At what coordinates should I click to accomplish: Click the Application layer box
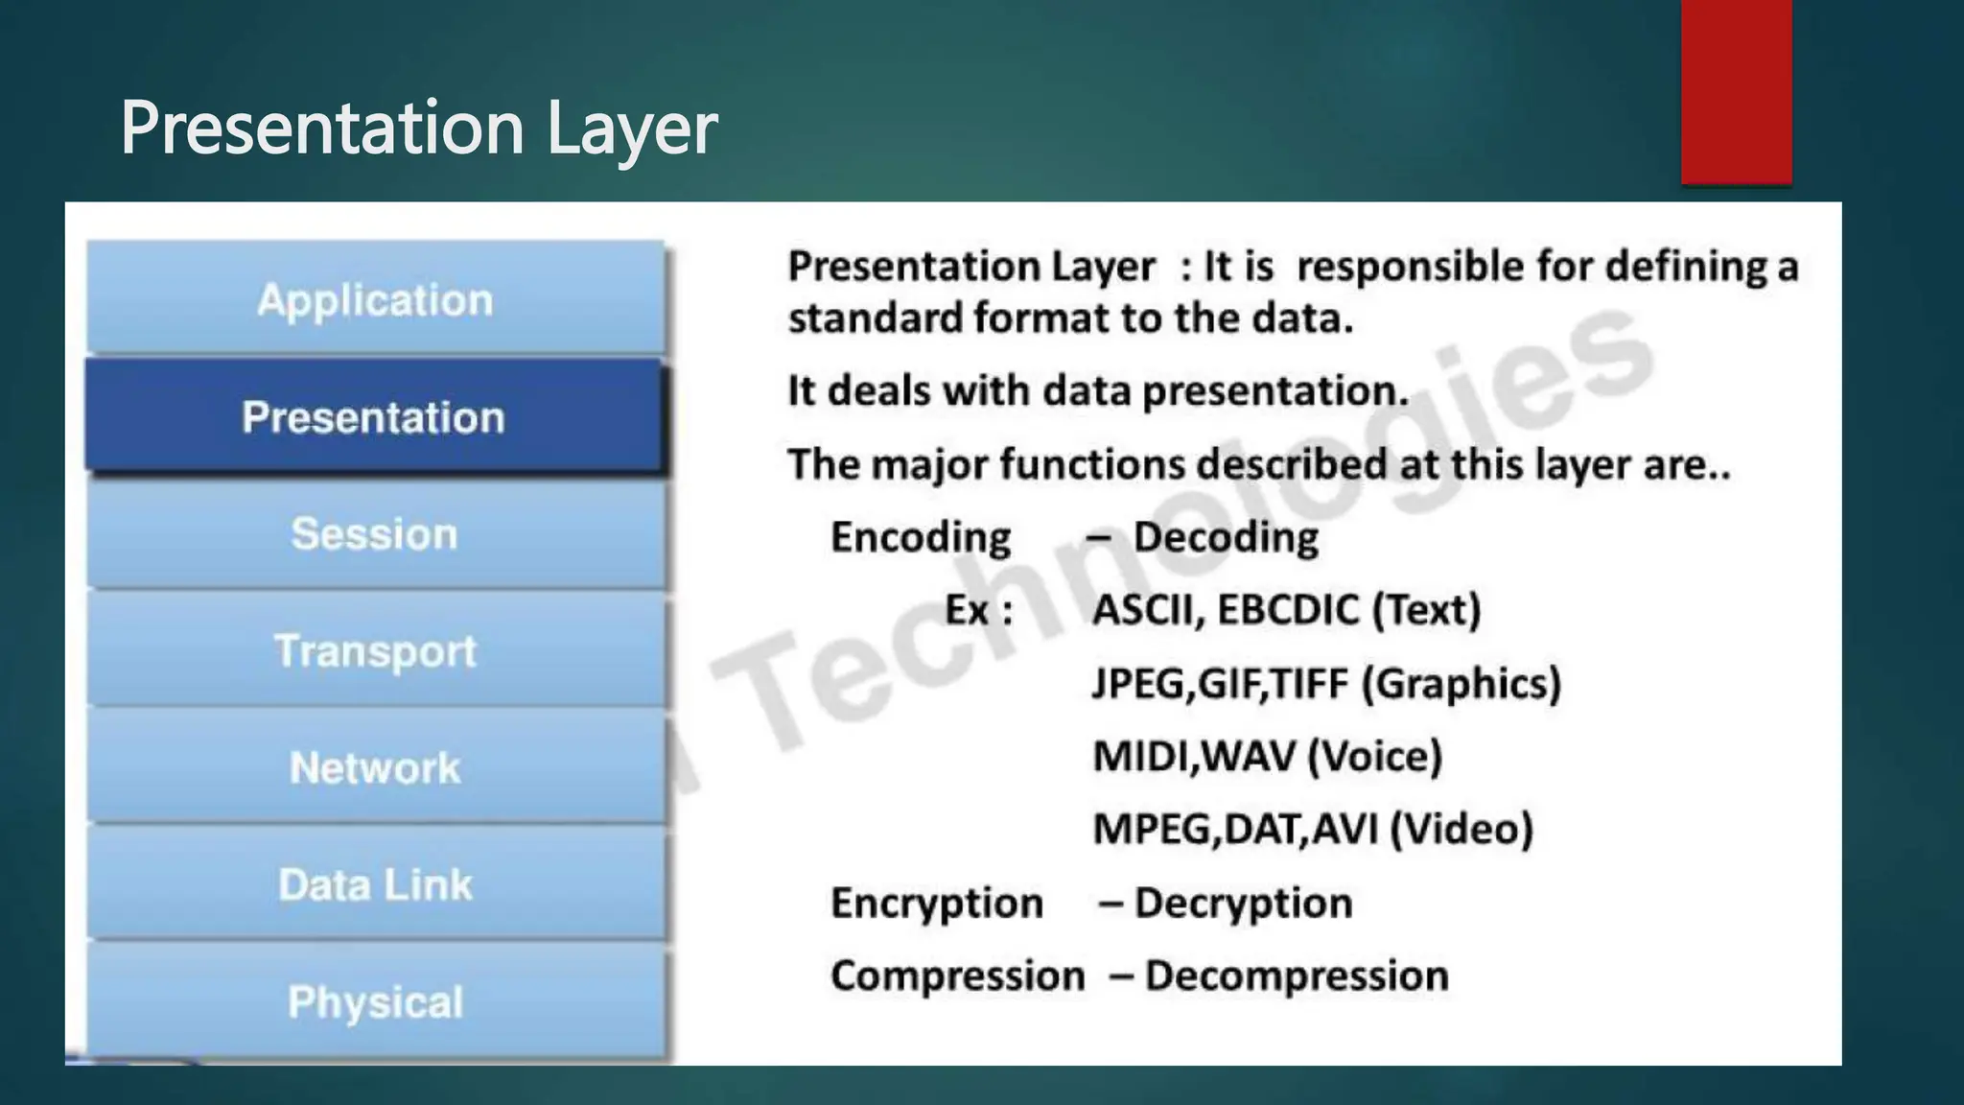pos(375,299)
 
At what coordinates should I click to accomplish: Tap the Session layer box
pos(375,533)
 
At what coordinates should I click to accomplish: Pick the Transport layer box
pos(375,650)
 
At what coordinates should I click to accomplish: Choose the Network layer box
pos(375,767)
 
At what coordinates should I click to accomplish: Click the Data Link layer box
pos(375,883)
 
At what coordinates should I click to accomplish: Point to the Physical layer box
pos(375,1000)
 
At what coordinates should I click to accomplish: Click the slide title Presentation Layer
pos(418,128)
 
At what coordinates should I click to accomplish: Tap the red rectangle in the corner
pos(1736,91)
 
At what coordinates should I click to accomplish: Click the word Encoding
pos(920,537)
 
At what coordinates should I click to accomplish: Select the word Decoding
pos(1226,537)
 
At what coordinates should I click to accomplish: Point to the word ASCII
pos(1147,610)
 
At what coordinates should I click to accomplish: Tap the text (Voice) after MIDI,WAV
pos(1375,756)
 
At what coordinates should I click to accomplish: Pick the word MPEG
pos(1154,829)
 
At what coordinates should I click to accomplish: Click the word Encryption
pos(936,903)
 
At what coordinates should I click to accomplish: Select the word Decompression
pos(1297,976)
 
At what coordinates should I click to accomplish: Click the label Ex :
pos(978,610)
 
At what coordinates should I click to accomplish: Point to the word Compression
pos(957,976)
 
